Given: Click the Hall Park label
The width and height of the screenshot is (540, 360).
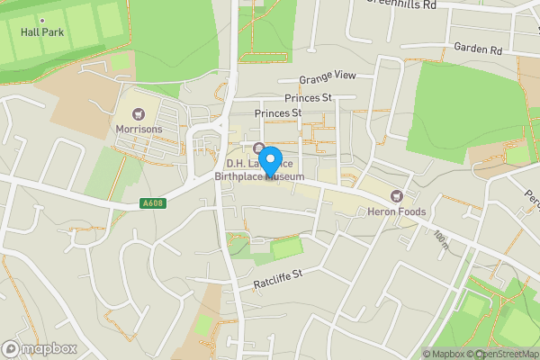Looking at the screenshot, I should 42,32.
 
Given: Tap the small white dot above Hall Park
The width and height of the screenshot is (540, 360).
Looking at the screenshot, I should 42,19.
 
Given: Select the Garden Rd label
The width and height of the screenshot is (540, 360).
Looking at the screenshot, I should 477,48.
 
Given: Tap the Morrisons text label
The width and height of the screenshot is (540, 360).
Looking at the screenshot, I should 139,129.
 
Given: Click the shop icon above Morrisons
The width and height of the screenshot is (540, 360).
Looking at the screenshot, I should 139,114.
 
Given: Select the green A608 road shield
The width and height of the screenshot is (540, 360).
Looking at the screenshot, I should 152,204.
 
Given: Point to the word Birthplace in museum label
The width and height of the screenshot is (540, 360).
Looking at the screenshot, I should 240,176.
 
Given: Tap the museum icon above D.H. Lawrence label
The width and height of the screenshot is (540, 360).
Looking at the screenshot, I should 259,148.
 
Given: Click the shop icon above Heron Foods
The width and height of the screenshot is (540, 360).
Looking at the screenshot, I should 394,196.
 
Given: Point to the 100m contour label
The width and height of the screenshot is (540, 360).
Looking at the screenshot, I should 440,238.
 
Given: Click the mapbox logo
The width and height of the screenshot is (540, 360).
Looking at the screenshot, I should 40,348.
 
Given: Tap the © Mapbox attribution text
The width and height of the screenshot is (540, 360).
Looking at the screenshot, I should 444,354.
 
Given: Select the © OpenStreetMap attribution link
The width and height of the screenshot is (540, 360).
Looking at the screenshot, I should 502,354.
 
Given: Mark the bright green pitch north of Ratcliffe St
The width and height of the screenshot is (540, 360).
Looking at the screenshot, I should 287,247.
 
